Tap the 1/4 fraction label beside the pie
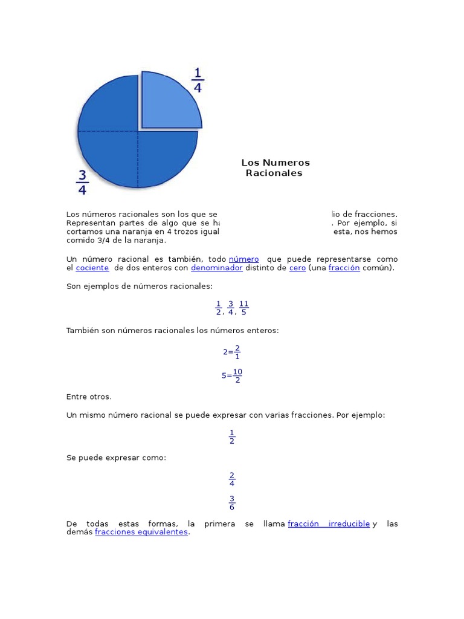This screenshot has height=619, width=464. pos(198,80)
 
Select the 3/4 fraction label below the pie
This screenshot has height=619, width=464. pos(83,182)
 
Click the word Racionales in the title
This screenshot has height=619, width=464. pos(274,173)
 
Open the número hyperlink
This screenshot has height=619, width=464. pos(243,259)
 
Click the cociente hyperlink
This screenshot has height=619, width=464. pos(92,268)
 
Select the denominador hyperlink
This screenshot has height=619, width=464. pos(217,268)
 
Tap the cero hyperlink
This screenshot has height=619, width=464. pos(297,268)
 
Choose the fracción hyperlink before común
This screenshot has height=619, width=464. pos(344,268)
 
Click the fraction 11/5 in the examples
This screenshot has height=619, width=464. pos(243,308)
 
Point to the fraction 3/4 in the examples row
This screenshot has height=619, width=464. pos(231,308)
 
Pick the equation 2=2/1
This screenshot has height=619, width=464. pos(232,352)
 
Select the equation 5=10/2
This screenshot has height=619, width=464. pos(232,375)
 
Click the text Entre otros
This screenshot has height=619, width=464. pos(89,397)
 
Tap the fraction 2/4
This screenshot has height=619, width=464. pos(232,479)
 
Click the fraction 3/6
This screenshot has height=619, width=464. pos(232,502)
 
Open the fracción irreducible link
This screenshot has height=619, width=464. pos(329,523)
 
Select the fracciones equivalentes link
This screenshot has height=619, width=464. pos(141,533)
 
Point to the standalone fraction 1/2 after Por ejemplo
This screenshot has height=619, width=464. pos(232,436)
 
